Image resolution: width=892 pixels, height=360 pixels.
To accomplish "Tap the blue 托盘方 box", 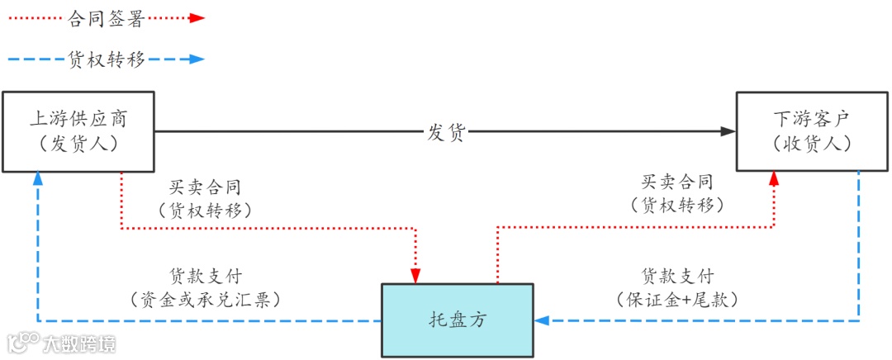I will click(x=457, y=320).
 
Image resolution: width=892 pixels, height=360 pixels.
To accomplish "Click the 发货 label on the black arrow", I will click(x=446, y=131).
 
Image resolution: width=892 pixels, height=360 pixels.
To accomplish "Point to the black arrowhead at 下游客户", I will click(x=728, y=131).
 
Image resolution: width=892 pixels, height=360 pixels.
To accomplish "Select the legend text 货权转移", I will click(x=108, y=59).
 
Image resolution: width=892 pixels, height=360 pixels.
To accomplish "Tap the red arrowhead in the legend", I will click(x=197, y=18).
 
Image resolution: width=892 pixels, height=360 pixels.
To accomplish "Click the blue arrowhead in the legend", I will click(x=196, y=59).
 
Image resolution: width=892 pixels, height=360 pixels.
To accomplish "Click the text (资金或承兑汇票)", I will click(x=206, y=299).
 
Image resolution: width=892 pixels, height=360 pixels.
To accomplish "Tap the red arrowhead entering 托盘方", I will click(x=415, y=275).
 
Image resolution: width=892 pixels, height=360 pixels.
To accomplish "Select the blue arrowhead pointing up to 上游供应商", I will click(x=37, y=178).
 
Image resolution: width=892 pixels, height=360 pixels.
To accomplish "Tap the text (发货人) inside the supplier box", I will click(x=78, y=144).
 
